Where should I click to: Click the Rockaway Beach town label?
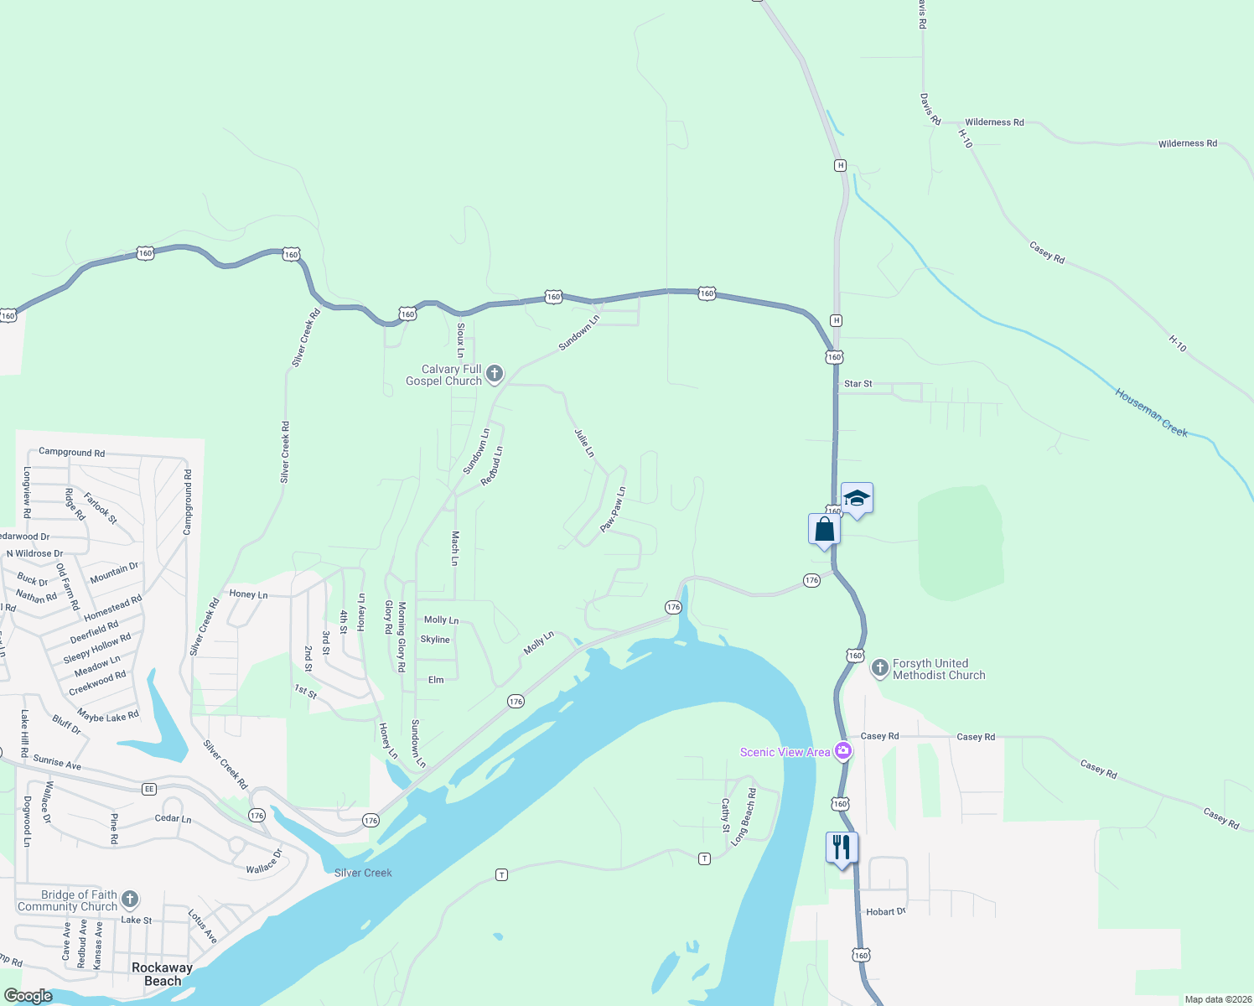[162, 974]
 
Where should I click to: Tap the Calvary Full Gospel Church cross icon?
[495, 374]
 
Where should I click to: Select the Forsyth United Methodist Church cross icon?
[879, 668]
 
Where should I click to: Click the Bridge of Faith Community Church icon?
[129, 900]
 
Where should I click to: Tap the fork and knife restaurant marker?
[842, 848]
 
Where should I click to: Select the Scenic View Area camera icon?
[844, 751]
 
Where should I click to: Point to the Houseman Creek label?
[1151, 412]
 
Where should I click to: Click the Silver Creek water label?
[363, 873]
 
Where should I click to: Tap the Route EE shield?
[149, 789]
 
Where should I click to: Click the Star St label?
[858, 384]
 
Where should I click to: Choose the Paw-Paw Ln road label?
[613, 509]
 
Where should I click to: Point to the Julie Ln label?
[584, 443]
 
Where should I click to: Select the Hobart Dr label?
[885, 911]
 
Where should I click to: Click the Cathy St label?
[726, 816]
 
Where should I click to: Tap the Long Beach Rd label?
[744, 816]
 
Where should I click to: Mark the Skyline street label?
[435, 640]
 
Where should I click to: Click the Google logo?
[28, 996]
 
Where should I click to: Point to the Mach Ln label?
[455, 548]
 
